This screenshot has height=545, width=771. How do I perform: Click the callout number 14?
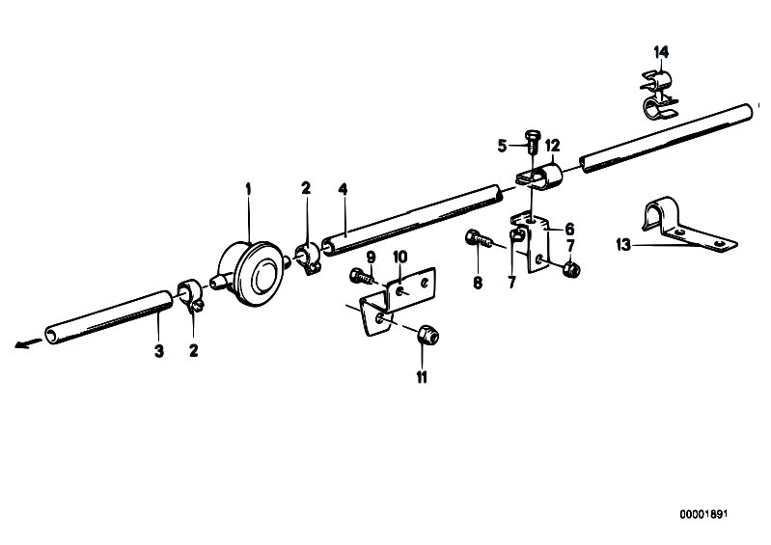click(661, 51)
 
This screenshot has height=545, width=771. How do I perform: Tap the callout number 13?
click(623, 244)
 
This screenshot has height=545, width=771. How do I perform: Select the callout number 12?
click(552, 146)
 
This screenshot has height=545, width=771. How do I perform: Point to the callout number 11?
click(422, 377)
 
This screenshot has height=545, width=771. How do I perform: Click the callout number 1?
click(249, 188)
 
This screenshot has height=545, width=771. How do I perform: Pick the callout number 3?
click(159, 351)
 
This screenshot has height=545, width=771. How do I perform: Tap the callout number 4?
click(343, 189)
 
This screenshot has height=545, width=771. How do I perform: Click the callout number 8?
click(478, 283)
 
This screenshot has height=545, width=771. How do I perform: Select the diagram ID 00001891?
click(703, 514)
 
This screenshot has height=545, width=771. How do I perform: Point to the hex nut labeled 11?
click(427, 336)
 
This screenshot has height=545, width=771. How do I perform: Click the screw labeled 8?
click(479, 240)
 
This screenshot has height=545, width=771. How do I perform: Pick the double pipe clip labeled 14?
click(658, 95)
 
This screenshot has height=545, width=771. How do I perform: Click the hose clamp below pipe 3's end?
click(191, 295)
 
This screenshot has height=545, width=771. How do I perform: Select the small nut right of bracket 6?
click(570, 269)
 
